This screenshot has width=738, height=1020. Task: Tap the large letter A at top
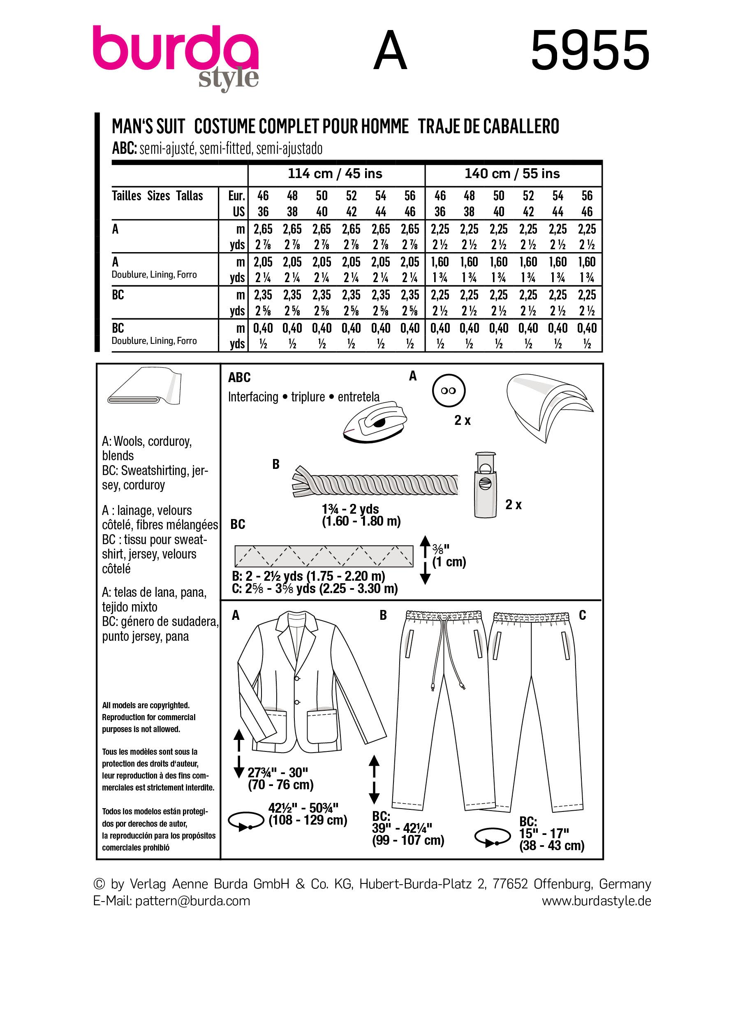tap(390, 51)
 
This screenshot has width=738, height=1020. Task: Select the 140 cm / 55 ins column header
tap(512, 174)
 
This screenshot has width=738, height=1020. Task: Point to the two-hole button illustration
tap(448, 391)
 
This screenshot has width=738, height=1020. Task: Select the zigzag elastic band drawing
tap(324, 556)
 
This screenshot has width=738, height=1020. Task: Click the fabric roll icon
tap(144, 387)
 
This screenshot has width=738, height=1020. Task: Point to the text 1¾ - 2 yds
tap(350, 509)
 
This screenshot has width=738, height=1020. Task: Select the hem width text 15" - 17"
tap(544, 833)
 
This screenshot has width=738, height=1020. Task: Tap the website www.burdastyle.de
tap(596, 901)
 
